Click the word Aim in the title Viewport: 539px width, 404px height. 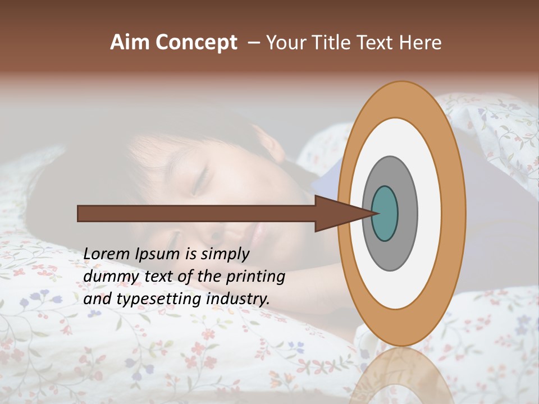tap(130, 43)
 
